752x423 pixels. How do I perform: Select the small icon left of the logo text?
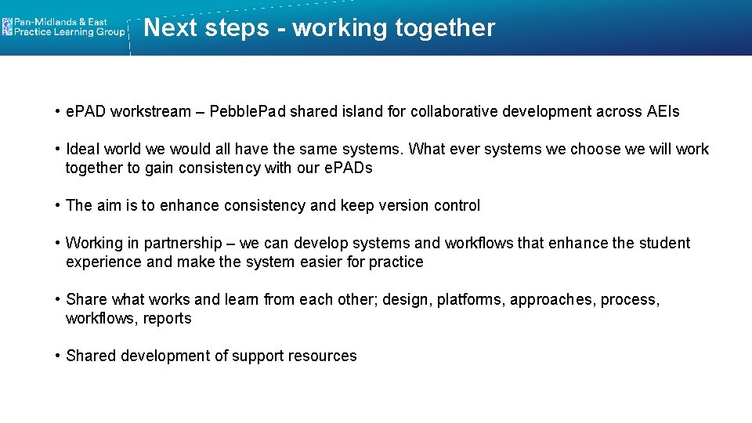tap(7, 27)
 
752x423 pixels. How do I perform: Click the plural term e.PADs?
tap(348, 168)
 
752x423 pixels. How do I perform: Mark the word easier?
tap(321, 262)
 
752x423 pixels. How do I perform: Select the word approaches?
tap(552, 299)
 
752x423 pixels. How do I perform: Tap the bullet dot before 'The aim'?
tap(58, 205)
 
